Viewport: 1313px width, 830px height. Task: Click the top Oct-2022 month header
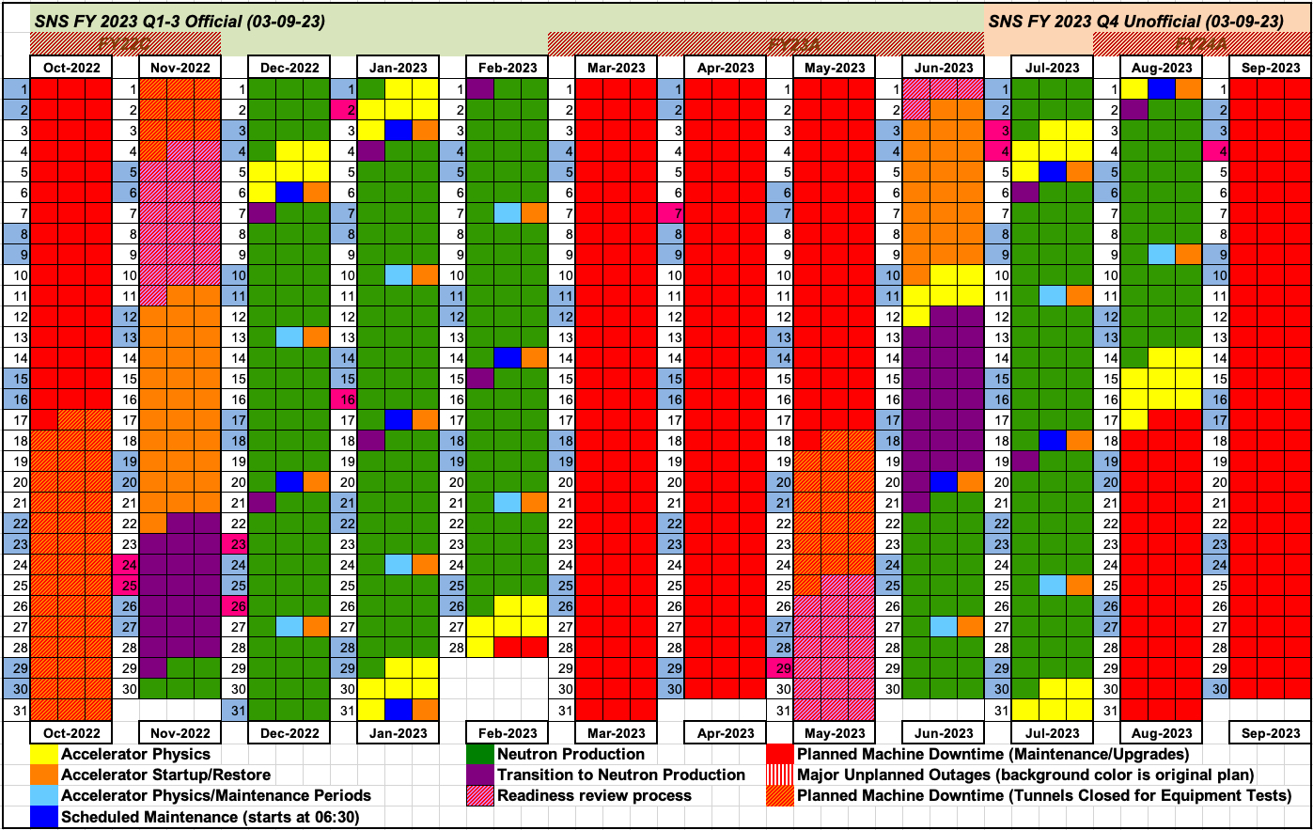coord(71,68)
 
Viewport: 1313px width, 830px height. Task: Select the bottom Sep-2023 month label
coord(1271,733)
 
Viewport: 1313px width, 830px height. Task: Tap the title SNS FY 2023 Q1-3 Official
coord(180,21)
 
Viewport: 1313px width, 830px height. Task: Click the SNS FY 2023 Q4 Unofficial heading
coord(1135,21)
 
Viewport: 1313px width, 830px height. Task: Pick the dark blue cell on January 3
coord(399,130)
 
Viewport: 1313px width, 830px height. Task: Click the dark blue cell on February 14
coord(508,357)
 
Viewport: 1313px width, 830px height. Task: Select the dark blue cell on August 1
coord(1162,88)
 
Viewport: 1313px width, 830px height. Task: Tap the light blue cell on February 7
coord(508,212)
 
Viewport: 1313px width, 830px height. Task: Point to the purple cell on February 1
coord(480,88)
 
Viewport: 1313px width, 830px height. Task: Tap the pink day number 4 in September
coord(1216,150)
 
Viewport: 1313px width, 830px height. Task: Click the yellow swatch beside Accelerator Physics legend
coord(43,754)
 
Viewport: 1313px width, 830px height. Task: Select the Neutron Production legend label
coord(571,754)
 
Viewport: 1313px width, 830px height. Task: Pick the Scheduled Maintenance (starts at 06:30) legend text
coord(210,817)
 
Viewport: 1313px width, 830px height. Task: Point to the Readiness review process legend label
coord(594,795)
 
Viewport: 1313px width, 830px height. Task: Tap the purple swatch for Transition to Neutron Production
coord(480,775)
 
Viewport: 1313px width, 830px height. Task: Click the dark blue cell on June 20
coord(944,481)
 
